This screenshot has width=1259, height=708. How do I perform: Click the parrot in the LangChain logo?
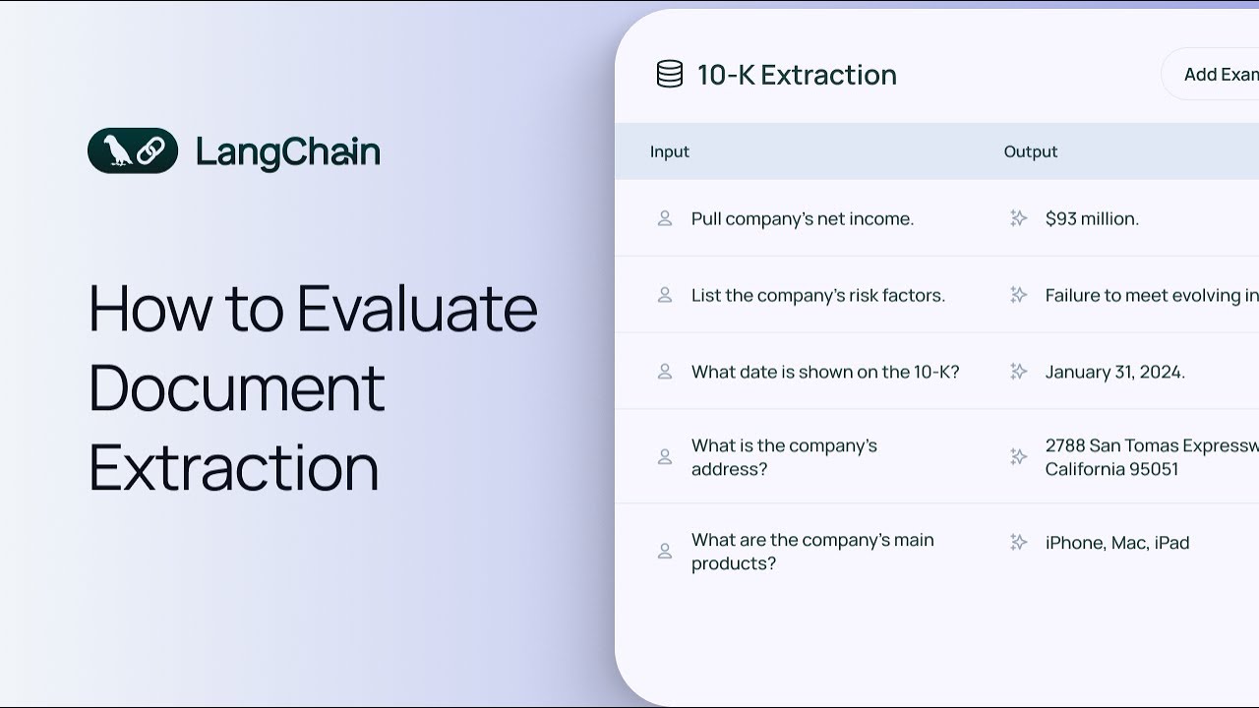tap(117, 150)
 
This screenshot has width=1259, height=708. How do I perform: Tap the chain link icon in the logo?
tap(150, 150)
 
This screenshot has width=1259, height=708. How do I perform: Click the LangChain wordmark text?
tap(288, 152)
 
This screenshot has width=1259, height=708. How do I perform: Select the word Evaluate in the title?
tap(417, 308)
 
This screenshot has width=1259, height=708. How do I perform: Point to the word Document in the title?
tap(237, 387)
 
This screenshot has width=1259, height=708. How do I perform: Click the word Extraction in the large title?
tap(234, 467)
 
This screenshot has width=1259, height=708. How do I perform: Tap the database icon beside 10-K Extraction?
tap(670, 74)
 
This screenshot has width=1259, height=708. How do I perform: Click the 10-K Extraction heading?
tap(797, 75)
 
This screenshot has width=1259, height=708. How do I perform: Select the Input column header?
tap(670, 151)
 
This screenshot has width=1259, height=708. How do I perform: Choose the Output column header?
tap(1031, 151)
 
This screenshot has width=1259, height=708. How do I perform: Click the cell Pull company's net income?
tap(803, 218)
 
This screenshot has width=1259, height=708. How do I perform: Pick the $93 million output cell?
tap(1092, 218)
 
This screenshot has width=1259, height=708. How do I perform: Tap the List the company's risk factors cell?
tap(818, 295)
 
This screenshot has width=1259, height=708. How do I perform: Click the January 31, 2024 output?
tap(1115, 372)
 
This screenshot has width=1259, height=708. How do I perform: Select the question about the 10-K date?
tap(825, 372)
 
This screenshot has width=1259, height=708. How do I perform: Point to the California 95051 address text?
tap(1111, 469)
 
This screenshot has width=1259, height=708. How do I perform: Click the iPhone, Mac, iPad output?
tap(1117, 543)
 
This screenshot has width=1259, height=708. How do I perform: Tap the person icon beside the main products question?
tap(665, 552)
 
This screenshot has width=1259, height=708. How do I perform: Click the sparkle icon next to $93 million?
tap(1018, 218)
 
